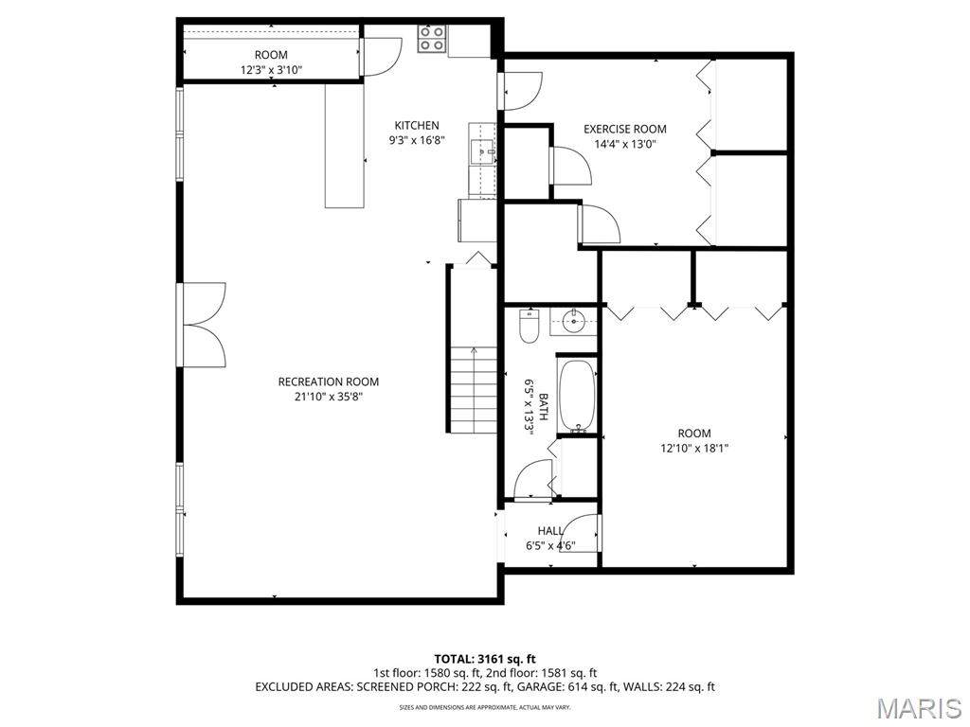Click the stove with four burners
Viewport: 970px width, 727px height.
point(432,38)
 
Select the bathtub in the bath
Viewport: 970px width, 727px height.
point(577,396)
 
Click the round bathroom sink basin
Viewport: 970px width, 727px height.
point(574,321)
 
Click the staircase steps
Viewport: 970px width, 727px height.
point(474,389)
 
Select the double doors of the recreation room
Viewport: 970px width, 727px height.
point(202,325)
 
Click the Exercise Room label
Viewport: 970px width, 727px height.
point(625,129)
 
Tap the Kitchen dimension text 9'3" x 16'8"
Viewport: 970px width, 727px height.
point(417,140)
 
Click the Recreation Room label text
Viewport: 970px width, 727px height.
point(329,382)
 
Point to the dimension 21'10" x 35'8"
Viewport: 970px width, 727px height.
point(329,397)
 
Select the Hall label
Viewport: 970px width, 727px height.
point(550,531)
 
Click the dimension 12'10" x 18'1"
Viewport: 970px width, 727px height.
point(694,448)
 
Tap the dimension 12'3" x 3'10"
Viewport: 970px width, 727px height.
point(271,70)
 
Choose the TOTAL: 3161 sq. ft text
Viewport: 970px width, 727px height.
point(485,659)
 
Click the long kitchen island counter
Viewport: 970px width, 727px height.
point(345,146)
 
